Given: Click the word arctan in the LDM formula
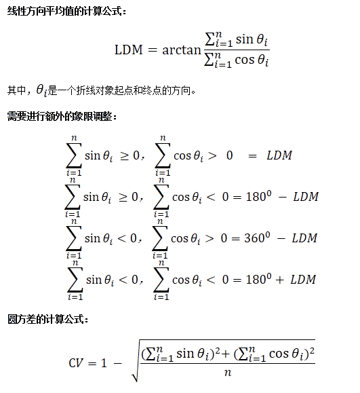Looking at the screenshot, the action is (182, 50).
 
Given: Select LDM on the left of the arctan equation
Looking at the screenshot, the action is (129, 50).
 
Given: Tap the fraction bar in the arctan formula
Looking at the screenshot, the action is (237, 50).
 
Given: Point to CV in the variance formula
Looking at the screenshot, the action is (76, 363).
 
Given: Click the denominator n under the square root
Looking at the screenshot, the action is (228, 373).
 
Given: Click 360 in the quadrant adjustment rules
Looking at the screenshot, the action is (254, 238).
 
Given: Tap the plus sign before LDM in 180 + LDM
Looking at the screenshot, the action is (279, 280).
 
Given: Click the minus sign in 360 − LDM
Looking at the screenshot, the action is (281, 238).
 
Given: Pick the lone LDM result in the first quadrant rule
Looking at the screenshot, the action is (279, 155).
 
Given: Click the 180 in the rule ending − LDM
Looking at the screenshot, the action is (256, 197).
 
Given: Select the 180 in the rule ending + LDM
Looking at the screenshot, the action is (256, 280).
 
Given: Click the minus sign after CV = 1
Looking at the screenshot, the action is (118, 363).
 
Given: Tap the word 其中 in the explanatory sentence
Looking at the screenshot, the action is (16, 90).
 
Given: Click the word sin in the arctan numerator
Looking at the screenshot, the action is (244, 39).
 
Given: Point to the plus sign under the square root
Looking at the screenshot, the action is (225, 354).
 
